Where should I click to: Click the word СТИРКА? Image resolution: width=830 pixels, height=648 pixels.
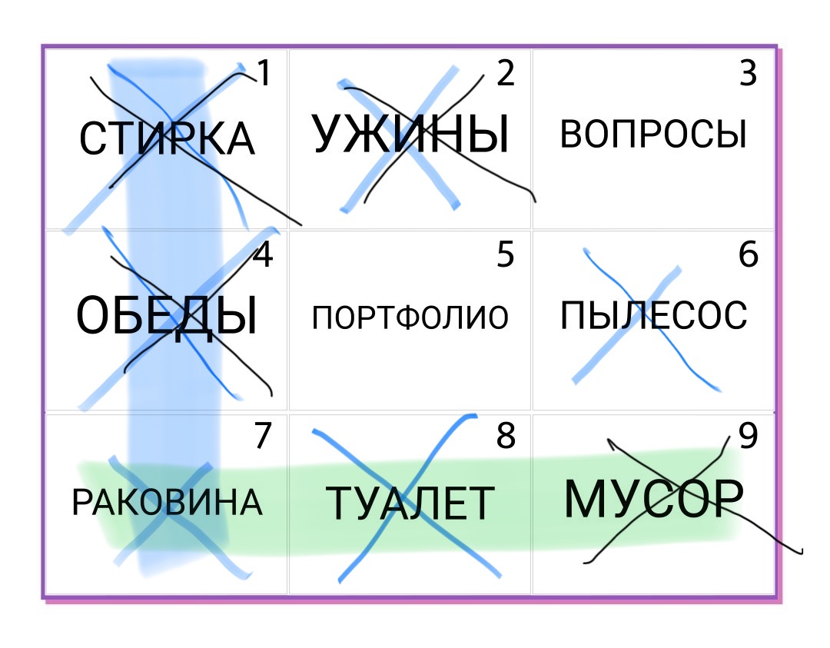click(x=168, y=138)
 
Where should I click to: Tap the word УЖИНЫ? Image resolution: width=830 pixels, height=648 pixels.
click(x=410, y=134)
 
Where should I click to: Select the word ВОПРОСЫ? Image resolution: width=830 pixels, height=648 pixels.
click(x=653, y=134)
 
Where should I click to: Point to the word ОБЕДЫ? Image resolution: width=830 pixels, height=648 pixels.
click(x=167, y=316)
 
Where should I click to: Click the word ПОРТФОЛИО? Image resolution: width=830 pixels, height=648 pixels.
click(x=410, y=317)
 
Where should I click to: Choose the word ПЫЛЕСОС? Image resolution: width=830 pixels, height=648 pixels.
click(x=654, y=315)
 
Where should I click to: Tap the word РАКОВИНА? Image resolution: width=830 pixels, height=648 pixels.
click(x=168, y=502)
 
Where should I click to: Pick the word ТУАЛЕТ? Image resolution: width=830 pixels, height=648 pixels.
click(x=410, y=503)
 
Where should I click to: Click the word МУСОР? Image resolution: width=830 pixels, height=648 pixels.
click(x=654, y=499)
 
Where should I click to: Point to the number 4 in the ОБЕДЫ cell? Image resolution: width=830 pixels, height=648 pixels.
click(x=263, y=254)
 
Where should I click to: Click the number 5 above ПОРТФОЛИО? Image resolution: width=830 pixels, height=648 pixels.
click(x=506, y=254)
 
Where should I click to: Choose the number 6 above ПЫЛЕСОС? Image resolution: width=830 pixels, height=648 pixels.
click(x=749, y=254)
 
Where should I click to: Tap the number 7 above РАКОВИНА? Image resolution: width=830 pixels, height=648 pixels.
click(x=263, y=435)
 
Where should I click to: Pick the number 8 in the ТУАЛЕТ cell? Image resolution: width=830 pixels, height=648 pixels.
click(x=506, y=435)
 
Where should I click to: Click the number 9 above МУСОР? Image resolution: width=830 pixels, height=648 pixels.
click(x=748, y=435)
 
